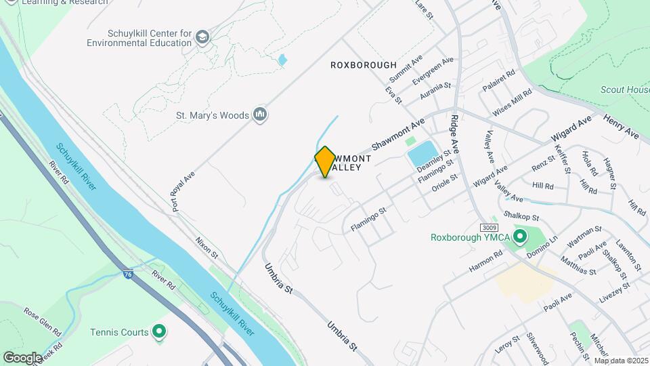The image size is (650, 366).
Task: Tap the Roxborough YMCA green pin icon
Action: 520,237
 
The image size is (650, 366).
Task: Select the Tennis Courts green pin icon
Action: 159,332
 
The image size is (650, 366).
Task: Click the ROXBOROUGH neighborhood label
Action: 363,65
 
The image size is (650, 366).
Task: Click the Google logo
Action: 22,357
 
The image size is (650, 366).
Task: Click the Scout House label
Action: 624,89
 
